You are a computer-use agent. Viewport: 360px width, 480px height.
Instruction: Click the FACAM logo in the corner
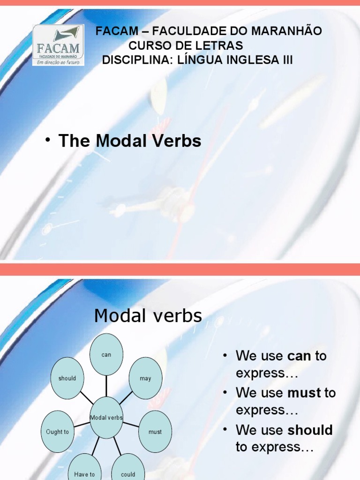pos(58,45)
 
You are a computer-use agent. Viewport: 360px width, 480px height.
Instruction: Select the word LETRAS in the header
pos(222,46)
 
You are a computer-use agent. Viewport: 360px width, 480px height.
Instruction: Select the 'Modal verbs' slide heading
pos(148,316)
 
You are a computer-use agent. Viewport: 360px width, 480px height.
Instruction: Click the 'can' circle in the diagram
pos(106,355)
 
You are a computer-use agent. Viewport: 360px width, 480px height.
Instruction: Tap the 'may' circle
pos(145,378)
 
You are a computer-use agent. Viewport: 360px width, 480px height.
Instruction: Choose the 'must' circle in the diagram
pos(155,432)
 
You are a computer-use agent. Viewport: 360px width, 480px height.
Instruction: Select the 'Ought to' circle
pos(58,432)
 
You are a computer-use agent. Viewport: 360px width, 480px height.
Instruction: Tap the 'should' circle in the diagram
pos(67,378)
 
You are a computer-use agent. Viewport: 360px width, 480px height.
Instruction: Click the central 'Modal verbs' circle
pos(106,417)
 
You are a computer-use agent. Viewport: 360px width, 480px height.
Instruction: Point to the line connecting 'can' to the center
pos(106,386)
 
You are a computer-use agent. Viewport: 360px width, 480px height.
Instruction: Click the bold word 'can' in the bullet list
pos(300,356)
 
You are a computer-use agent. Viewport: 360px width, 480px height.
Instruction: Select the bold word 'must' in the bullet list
pos(304,393)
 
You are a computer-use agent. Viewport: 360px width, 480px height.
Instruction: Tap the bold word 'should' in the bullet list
pos(310,430)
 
